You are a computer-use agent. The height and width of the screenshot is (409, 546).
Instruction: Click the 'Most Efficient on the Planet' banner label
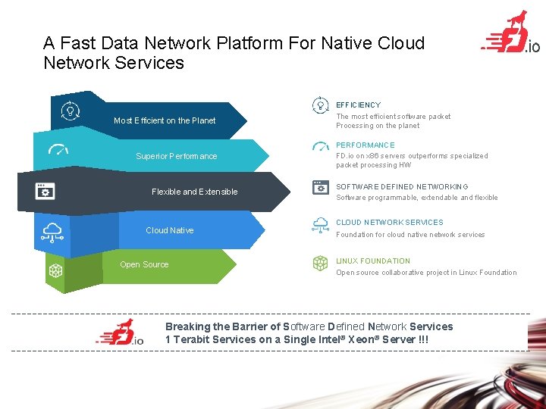165,120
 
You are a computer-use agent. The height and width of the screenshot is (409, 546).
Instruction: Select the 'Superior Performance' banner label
176,156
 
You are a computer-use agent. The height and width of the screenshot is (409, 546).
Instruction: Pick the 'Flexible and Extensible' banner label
194,192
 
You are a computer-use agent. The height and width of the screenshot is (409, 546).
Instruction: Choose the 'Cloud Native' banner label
169,230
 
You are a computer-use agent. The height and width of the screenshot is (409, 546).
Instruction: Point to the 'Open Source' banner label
144,264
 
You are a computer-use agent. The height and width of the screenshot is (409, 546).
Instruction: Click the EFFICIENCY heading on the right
358,105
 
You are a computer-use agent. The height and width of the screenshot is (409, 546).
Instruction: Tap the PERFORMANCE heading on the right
366,145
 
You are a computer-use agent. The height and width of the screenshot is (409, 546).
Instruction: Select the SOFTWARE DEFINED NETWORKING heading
402,186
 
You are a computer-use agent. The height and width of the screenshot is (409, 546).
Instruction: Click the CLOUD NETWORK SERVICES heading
390,223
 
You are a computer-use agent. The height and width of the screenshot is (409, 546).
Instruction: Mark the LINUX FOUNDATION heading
373,261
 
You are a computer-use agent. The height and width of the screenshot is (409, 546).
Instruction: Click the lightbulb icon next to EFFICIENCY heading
320,105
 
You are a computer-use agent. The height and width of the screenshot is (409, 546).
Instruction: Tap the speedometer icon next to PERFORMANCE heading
320,145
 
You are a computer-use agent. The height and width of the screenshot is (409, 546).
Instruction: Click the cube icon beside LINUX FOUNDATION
320,263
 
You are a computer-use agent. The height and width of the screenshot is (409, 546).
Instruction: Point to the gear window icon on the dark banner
45,191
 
